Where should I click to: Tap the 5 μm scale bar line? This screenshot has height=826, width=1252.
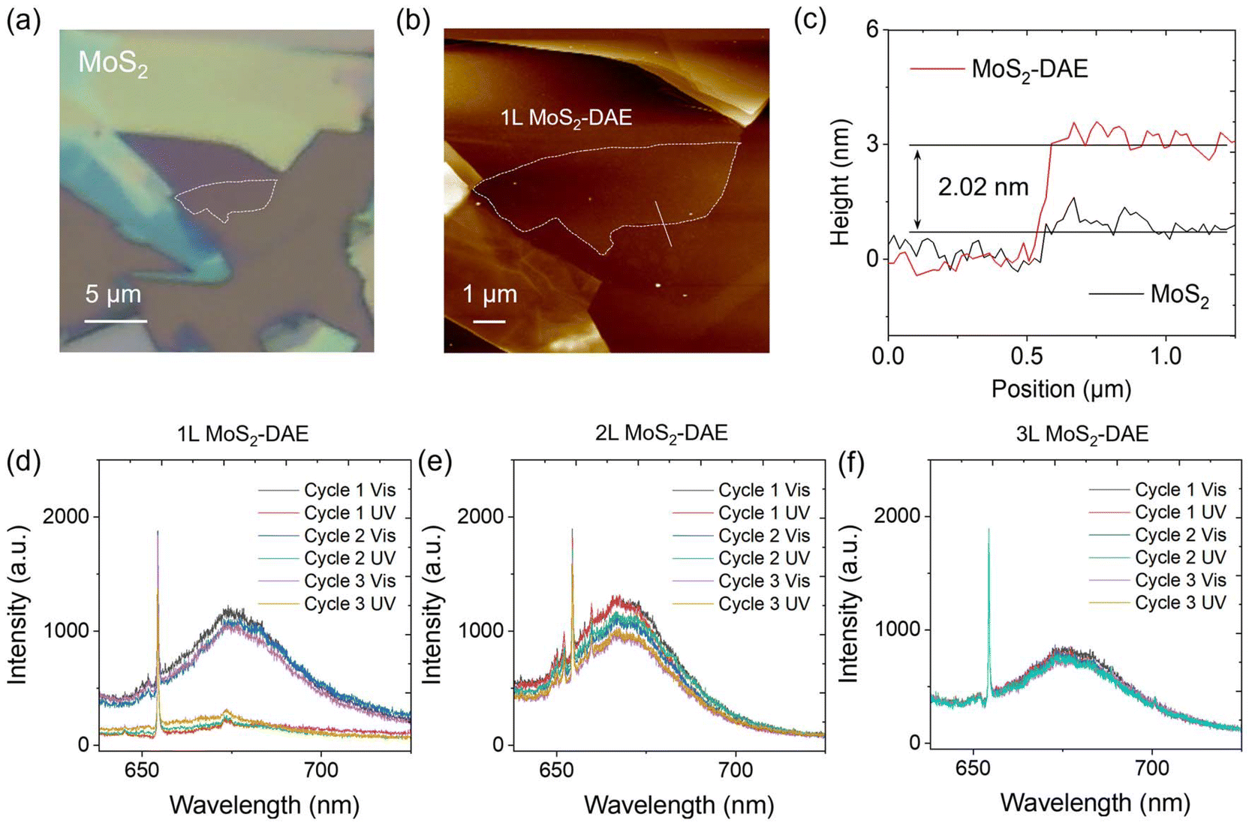(x=116, y=321)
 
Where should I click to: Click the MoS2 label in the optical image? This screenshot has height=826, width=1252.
(x=113, y=62)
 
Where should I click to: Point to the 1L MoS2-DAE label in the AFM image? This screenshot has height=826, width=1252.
(x=566, y=119)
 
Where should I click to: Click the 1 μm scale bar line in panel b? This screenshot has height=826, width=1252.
(x=489, y=321)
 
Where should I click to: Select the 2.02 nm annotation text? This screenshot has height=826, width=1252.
(x=983, y=188)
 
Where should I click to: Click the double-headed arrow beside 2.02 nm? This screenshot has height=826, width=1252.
(x=917, y=189)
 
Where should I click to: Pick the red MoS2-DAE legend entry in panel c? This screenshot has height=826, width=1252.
(x=999, y=69)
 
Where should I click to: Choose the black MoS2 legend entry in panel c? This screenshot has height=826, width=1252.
(x=1149, y=296)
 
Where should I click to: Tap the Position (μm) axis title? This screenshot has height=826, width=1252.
(x=1061, y=389)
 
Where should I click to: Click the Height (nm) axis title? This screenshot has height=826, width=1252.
(x=839, y=182)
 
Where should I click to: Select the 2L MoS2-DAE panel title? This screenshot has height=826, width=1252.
(x=661, y=434)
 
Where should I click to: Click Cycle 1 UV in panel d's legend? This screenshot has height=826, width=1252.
(x=350, y=512)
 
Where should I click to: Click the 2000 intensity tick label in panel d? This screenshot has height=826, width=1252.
(x=66, y=517)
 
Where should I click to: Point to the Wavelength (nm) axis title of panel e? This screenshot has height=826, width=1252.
(x=679, y=805)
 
